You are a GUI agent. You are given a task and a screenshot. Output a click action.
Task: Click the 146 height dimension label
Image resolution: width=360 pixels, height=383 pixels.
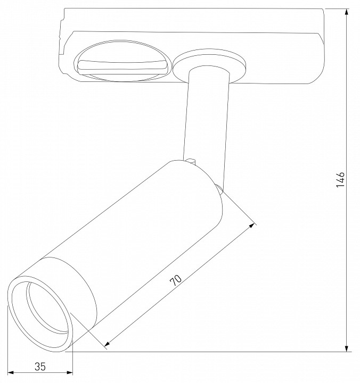(341, 180)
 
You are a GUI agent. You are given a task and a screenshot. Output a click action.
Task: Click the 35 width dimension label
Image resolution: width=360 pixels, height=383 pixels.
(39, 367)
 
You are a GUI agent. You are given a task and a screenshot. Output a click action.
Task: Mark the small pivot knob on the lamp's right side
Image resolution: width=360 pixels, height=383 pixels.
(218, 187)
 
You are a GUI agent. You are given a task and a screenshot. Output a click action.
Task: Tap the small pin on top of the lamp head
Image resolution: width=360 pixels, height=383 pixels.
(193, 160)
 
